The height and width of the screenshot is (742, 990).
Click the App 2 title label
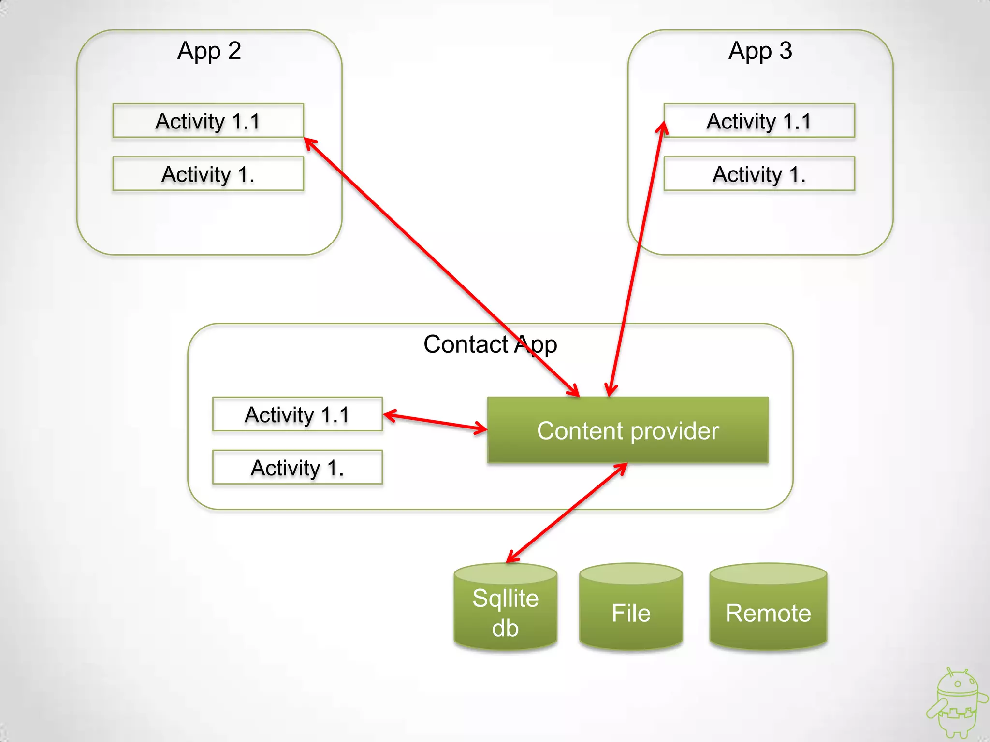209,51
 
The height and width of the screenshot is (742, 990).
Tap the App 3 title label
760,51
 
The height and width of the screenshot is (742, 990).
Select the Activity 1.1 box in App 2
208,121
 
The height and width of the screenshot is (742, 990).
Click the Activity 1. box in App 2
208,174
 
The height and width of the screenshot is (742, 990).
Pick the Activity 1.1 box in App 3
759,121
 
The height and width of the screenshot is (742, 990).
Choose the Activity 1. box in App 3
759,174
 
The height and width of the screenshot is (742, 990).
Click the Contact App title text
490,345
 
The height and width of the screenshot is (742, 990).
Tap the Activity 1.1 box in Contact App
297,414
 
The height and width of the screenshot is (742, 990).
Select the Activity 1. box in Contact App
297,468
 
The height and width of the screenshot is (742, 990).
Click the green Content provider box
627,430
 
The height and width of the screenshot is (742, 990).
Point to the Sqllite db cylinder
505,609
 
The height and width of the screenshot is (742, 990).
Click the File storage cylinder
631,609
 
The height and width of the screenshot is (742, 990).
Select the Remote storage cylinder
768,609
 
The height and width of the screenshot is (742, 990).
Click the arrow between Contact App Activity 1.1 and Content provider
435,421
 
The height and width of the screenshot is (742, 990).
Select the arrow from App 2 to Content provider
435,261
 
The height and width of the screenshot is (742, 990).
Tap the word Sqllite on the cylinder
505,598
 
